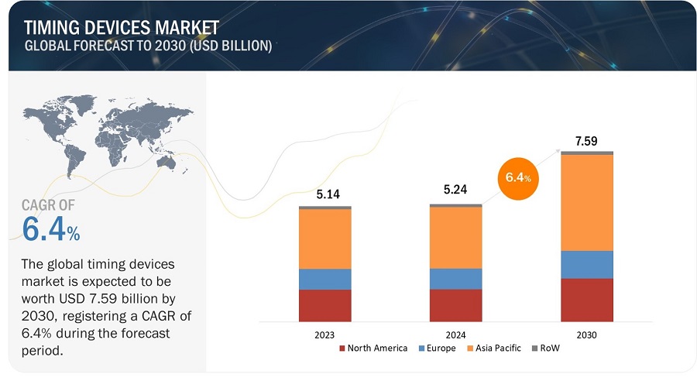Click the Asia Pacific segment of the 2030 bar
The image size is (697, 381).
click(x=586, y=202)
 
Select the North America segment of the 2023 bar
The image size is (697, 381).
click(x=324, y=305)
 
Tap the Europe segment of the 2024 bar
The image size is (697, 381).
click(x=455, y=279)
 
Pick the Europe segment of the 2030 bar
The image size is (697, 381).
click(x=586, y=264)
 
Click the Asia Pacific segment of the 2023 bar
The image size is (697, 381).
click(x=324, y=239)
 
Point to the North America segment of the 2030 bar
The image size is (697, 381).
click(x=586, y=300)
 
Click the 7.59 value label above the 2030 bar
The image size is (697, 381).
click(x=586, y=141)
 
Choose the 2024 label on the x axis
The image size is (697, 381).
click(x=455, y=335)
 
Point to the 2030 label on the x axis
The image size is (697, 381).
click(x=586, y=335)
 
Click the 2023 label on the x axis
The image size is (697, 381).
click(x=324, y=335)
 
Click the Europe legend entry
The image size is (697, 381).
click(x=438, y=348)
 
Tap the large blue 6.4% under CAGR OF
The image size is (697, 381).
click(x=51, y=229)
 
